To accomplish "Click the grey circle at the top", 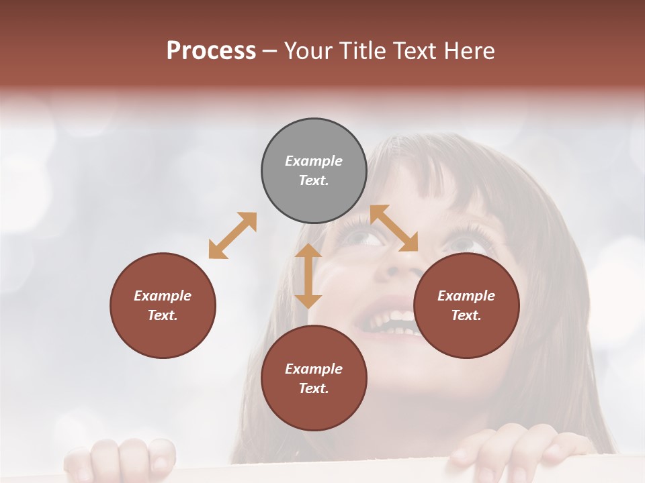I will (314, 170).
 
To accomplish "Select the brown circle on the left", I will (163, 305).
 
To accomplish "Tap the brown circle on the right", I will (466, 305).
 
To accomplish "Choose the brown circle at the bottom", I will (314, 378).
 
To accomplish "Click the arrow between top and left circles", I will (232, 235).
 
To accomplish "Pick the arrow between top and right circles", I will (394, 228).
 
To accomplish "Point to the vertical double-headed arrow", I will (308, 276).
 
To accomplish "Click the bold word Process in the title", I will (211, 50).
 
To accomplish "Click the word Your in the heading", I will (308, 50).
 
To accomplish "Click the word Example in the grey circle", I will (314, 161).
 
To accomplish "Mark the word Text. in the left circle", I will (163, 315).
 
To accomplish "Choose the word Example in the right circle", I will (466, 296).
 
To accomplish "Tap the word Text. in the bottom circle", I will (314, 388).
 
